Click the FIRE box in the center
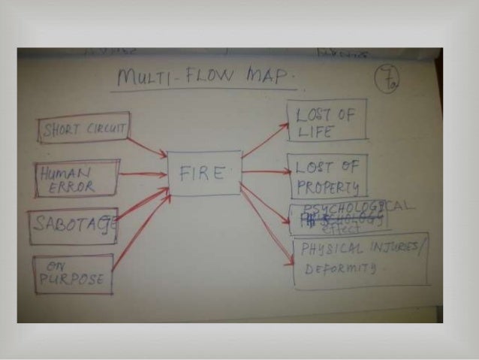point(204,173)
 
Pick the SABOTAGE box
point(74,225)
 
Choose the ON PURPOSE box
point(74,274)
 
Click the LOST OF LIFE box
point(327,119)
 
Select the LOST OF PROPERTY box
point(327,174)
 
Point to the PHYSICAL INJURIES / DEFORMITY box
point(360,260)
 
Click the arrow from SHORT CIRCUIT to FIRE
point(146,147)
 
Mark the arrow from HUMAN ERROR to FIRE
point(142,174)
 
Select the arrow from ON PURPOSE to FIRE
point(140,232)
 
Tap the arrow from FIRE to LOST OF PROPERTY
point(264,171)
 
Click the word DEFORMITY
point(336,267)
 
